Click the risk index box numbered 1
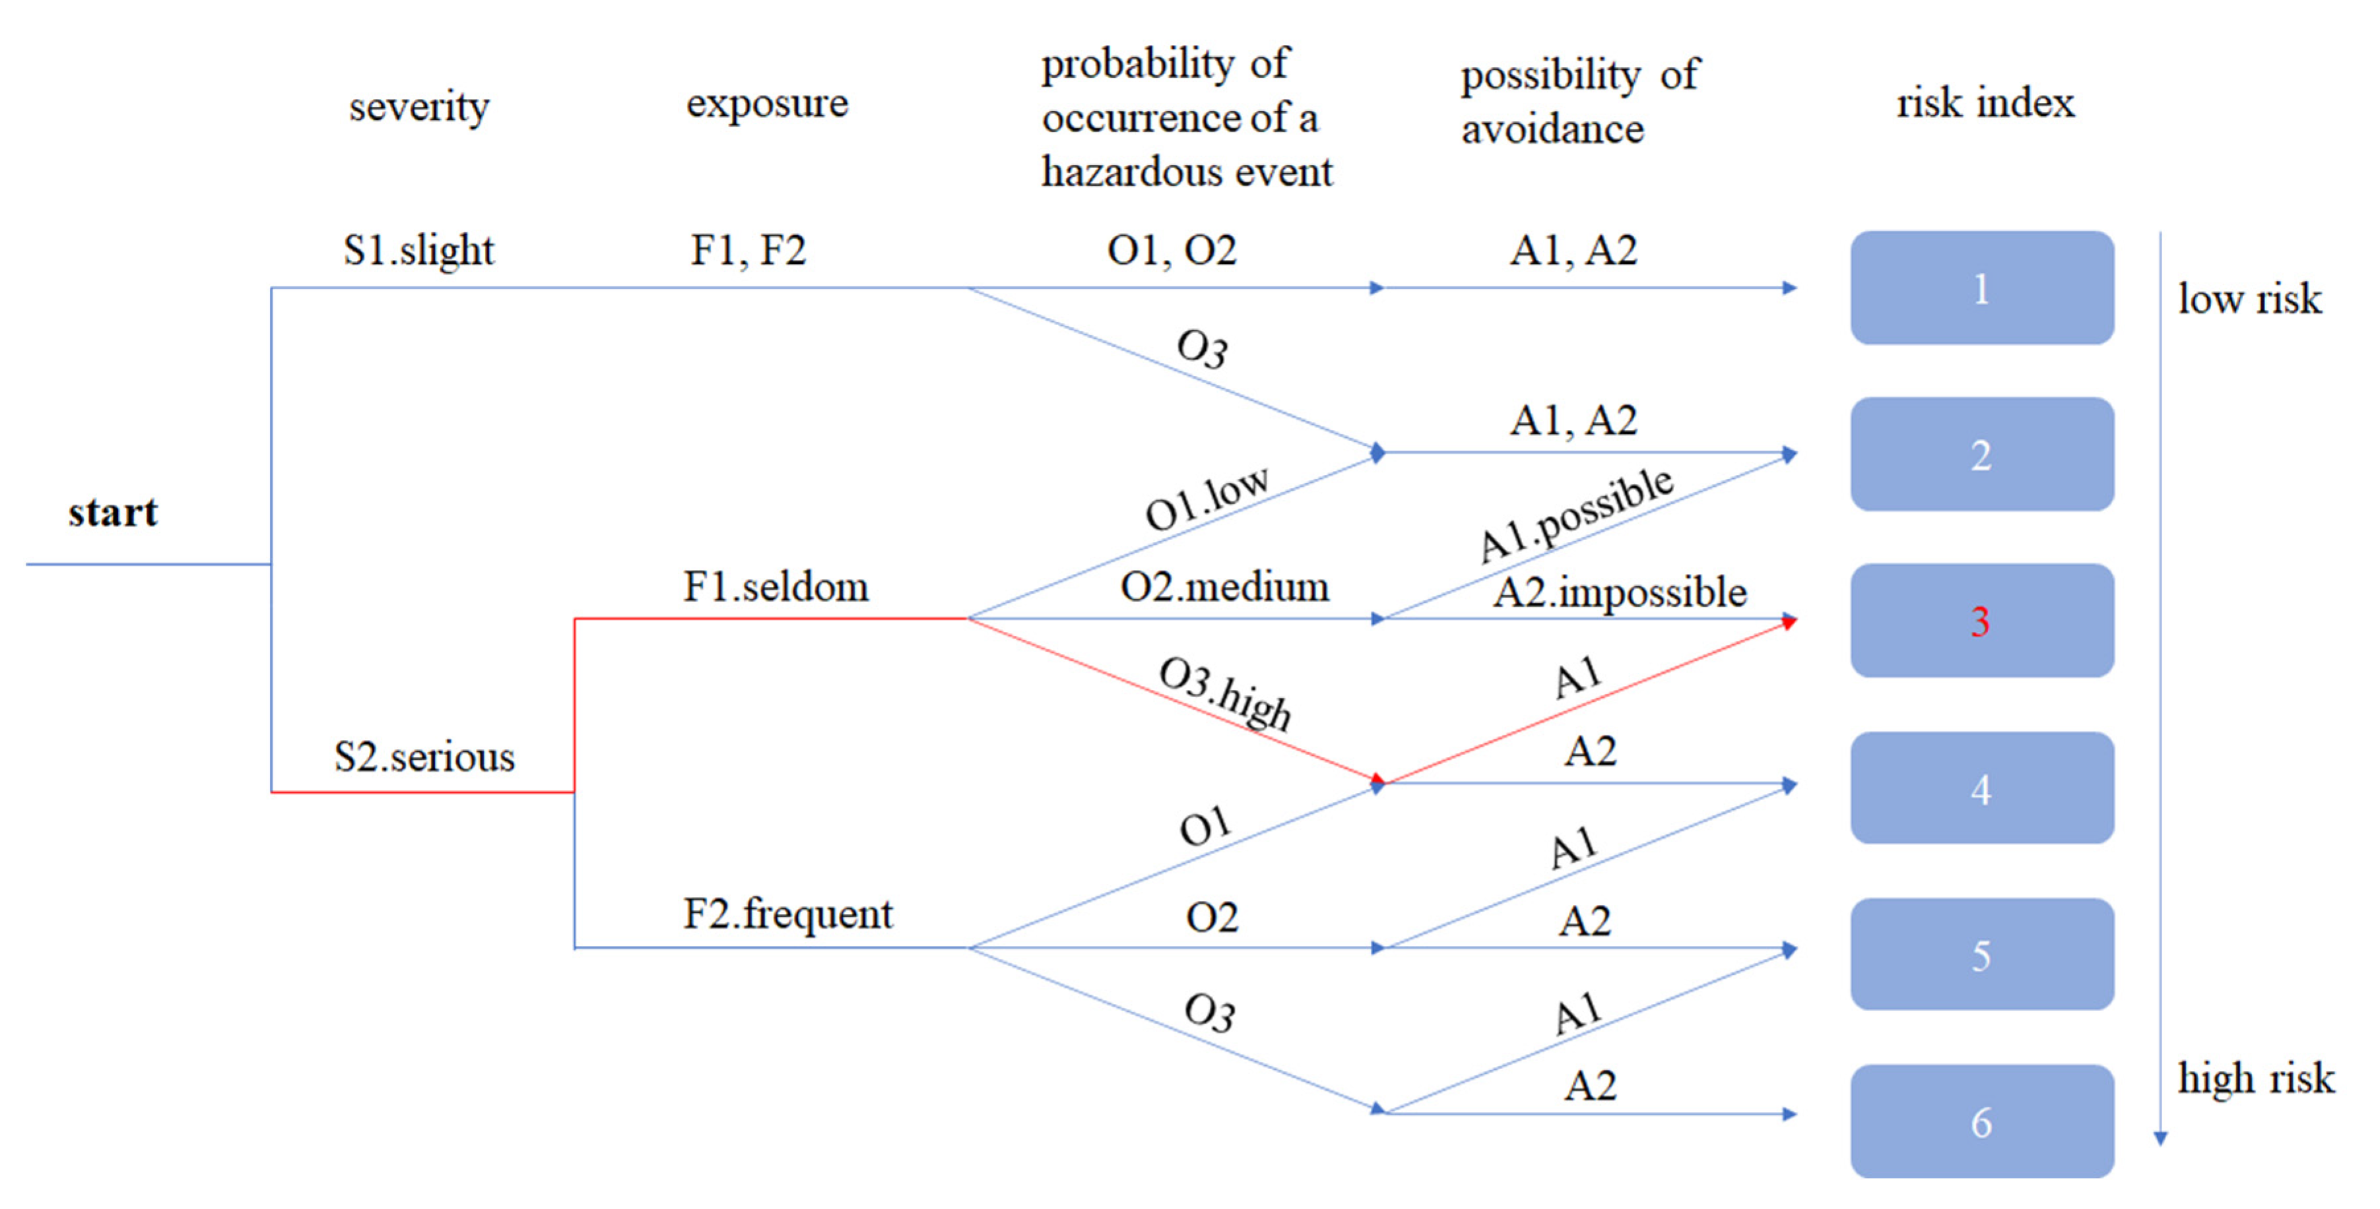point(1981,288)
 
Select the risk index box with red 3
point(1981,621)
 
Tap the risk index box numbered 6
point(1981,1121)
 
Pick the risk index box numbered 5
point(1981,954)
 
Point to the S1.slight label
point(418,250)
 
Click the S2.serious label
point(424,757)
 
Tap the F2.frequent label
point(787,914)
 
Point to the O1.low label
point(1207,499)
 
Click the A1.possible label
point(1575,514)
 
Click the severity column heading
point(418,107)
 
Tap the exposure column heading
point(767,102)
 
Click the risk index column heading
point(1985,102)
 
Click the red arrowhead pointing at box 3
point(1789,623)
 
